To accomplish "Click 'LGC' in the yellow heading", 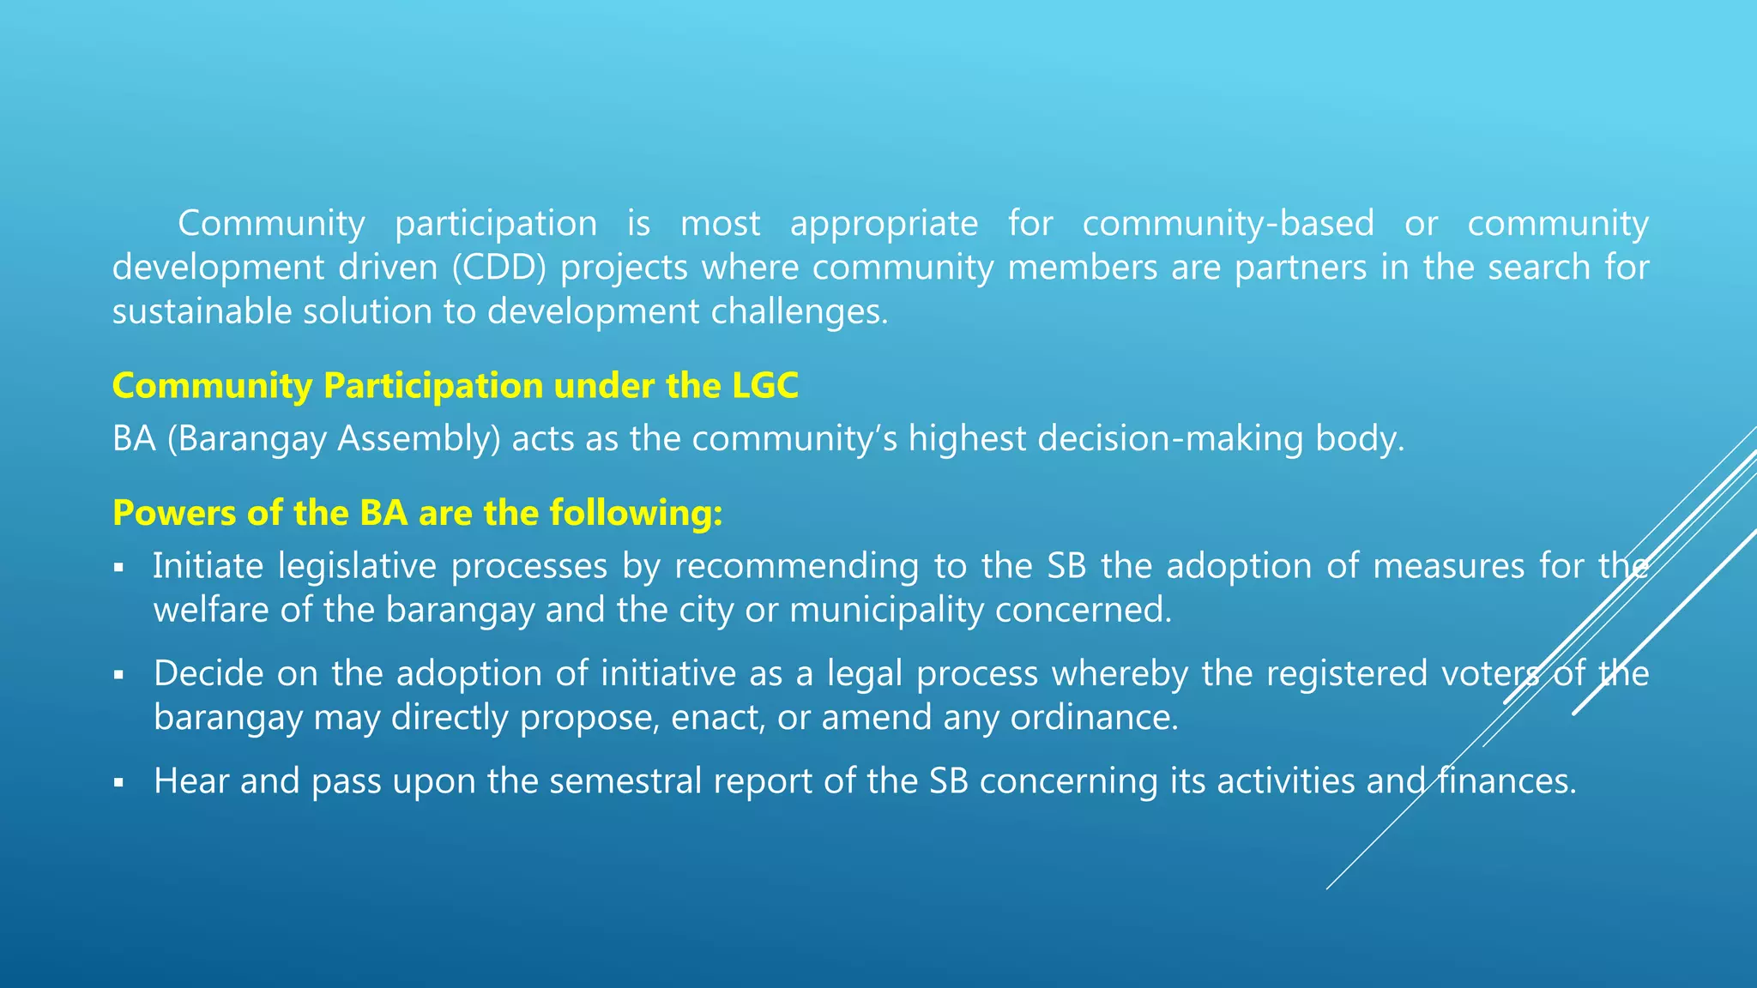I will pyautogui.click(x=765, y=386).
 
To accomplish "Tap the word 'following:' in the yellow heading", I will pyautogui.click(x=636, y=513).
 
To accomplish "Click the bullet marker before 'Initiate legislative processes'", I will pyautogui.click(x=119, y=568).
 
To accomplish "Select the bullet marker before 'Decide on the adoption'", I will pyautogui.click(x=119, y=675).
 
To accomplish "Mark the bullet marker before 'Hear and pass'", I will pyautogui.click(x=119, y=782).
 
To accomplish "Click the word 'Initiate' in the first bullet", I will pyautogui.click(x=208, y=566).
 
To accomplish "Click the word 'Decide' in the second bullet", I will pyautogui.click(x=208, y=673).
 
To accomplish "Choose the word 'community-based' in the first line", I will pyautogui.click(x=1228, y=224).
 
